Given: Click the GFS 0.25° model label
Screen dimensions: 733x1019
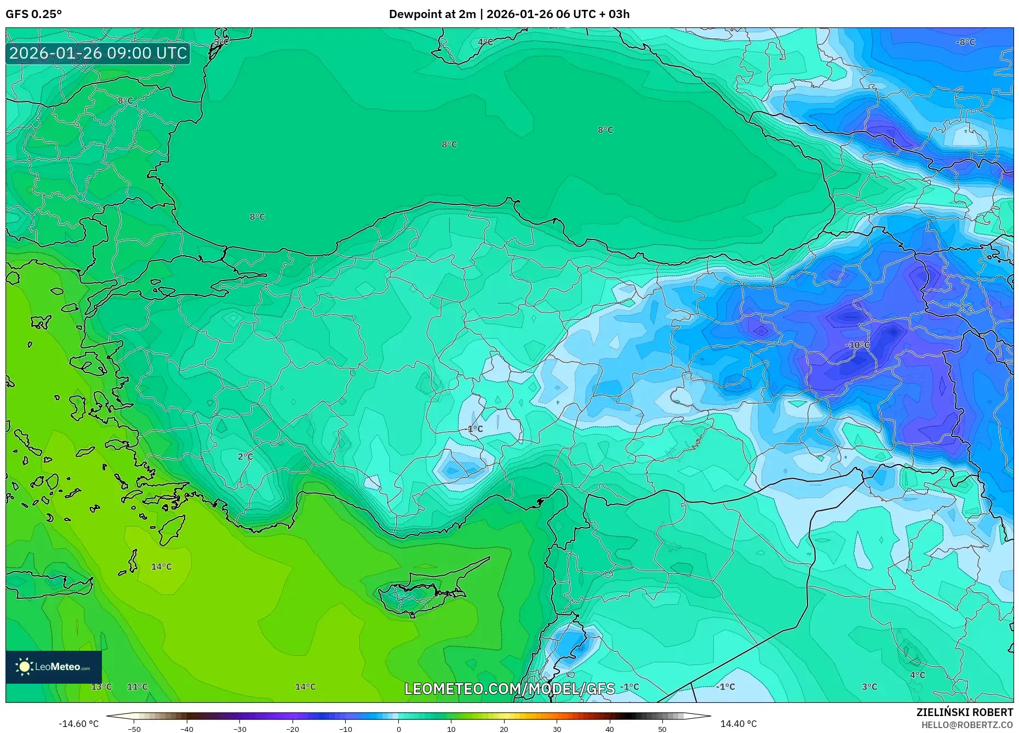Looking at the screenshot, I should tap(33, 14).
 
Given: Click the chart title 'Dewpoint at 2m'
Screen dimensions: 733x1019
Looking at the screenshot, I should tap(432, 14).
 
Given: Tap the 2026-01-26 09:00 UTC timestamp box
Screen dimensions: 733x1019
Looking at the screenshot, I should tap(98, 54).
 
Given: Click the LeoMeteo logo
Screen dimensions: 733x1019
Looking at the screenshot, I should tap(54, 667).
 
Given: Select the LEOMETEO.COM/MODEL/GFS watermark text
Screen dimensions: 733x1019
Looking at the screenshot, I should tap(509, 689).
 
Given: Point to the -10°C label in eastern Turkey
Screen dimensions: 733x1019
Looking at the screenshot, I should tap(857, 345).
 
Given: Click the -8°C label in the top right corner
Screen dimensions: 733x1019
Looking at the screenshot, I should tap(965, 42).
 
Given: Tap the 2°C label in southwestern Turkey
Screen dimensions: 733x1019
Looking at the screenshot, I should tap(245, 456).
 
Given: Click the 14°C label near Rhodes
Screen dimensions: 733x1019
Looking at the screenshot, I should tap(162, 566).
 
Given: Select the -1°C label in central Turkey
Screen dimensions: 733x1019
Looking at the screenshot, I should tap(474, 429).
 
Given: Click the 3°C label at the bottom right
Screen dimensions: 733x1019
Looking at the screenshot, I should tap(869, 686).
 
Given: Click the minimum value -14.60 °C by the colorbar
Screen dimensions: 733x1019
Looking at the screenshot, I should tap(79, 724).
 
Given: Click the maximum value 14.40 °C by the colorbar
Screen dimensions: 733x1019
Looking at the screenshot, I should tap(738, 724).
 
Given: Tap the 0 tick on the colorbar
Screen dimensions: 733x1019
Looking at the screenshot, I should tap(399, 729).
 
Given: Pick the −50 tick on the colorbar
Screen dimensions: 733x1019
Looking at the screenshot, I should tap(134, 729).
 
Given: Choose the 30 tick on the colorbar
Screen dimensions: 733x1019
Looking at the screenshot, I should tap(557, 729).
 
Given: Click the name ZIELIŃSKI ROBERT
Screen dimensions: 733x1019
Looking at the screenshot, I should tap(964, 712).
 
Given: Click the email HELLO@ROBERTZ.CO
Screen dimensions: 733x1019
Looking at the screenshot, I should tap(966, 725).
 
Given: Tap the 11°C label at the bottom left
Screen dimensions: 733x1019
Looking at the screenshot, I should tap(138, 686).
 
